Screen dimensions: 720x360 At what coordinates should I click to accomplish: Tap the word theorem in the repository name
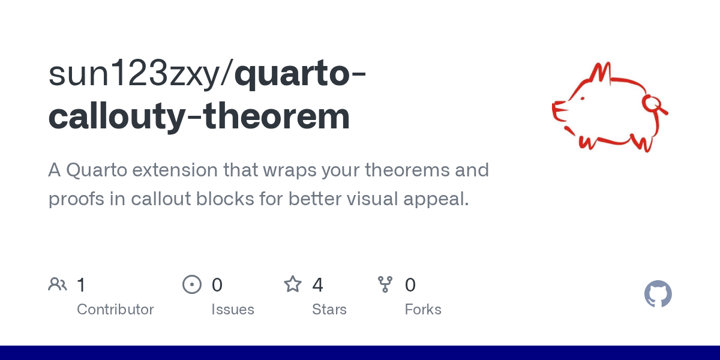tap(277, 116)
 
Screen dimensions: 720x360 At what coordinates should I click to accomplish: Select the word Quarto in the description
tap(97, 170)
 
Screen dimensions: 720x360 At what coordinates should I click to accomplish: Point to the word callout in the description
tap(161, 199)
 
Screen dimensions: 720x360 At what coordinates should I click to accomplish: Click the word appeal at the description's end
tap(436, 199)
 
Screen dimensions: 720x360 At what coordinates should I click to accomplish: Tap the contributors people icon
tap(58, 284)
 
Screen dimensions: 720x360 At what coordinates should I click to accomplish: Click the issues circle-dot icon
tap(192, 284)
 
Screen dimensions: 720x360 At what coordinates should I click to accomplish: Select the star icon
tap(293, 284)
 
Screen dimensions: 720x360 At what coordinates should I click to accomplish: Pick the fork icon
tap(385, 284)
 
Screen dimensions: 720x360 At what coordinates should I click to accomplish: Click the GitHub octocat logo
tap(658, 294)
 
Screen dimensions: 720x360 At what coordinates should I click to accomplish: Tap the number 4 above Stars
tap(317, 285)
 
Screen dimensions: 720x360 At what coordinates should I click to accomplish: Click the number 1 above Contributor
tap(82, 285)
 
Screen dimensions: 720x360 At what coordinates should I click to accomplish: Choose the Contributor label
tap(115, 310)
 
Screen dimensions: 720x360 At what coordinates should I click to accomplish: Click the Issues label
tap(233, 310)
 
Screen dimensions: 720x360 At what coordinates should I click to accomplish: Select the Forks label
tap(423, 310)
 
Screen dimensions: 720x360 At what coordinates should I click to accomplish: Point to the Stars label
tap(329, 310)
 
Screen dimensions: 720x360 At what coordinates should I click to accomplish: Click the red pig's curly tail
tap(653, 105)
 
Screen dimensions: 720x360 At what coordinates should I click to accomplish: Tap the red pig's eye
tap(583, 98)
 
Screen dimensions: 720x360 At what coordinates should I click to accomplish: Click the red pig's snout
tap(559, 111)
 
